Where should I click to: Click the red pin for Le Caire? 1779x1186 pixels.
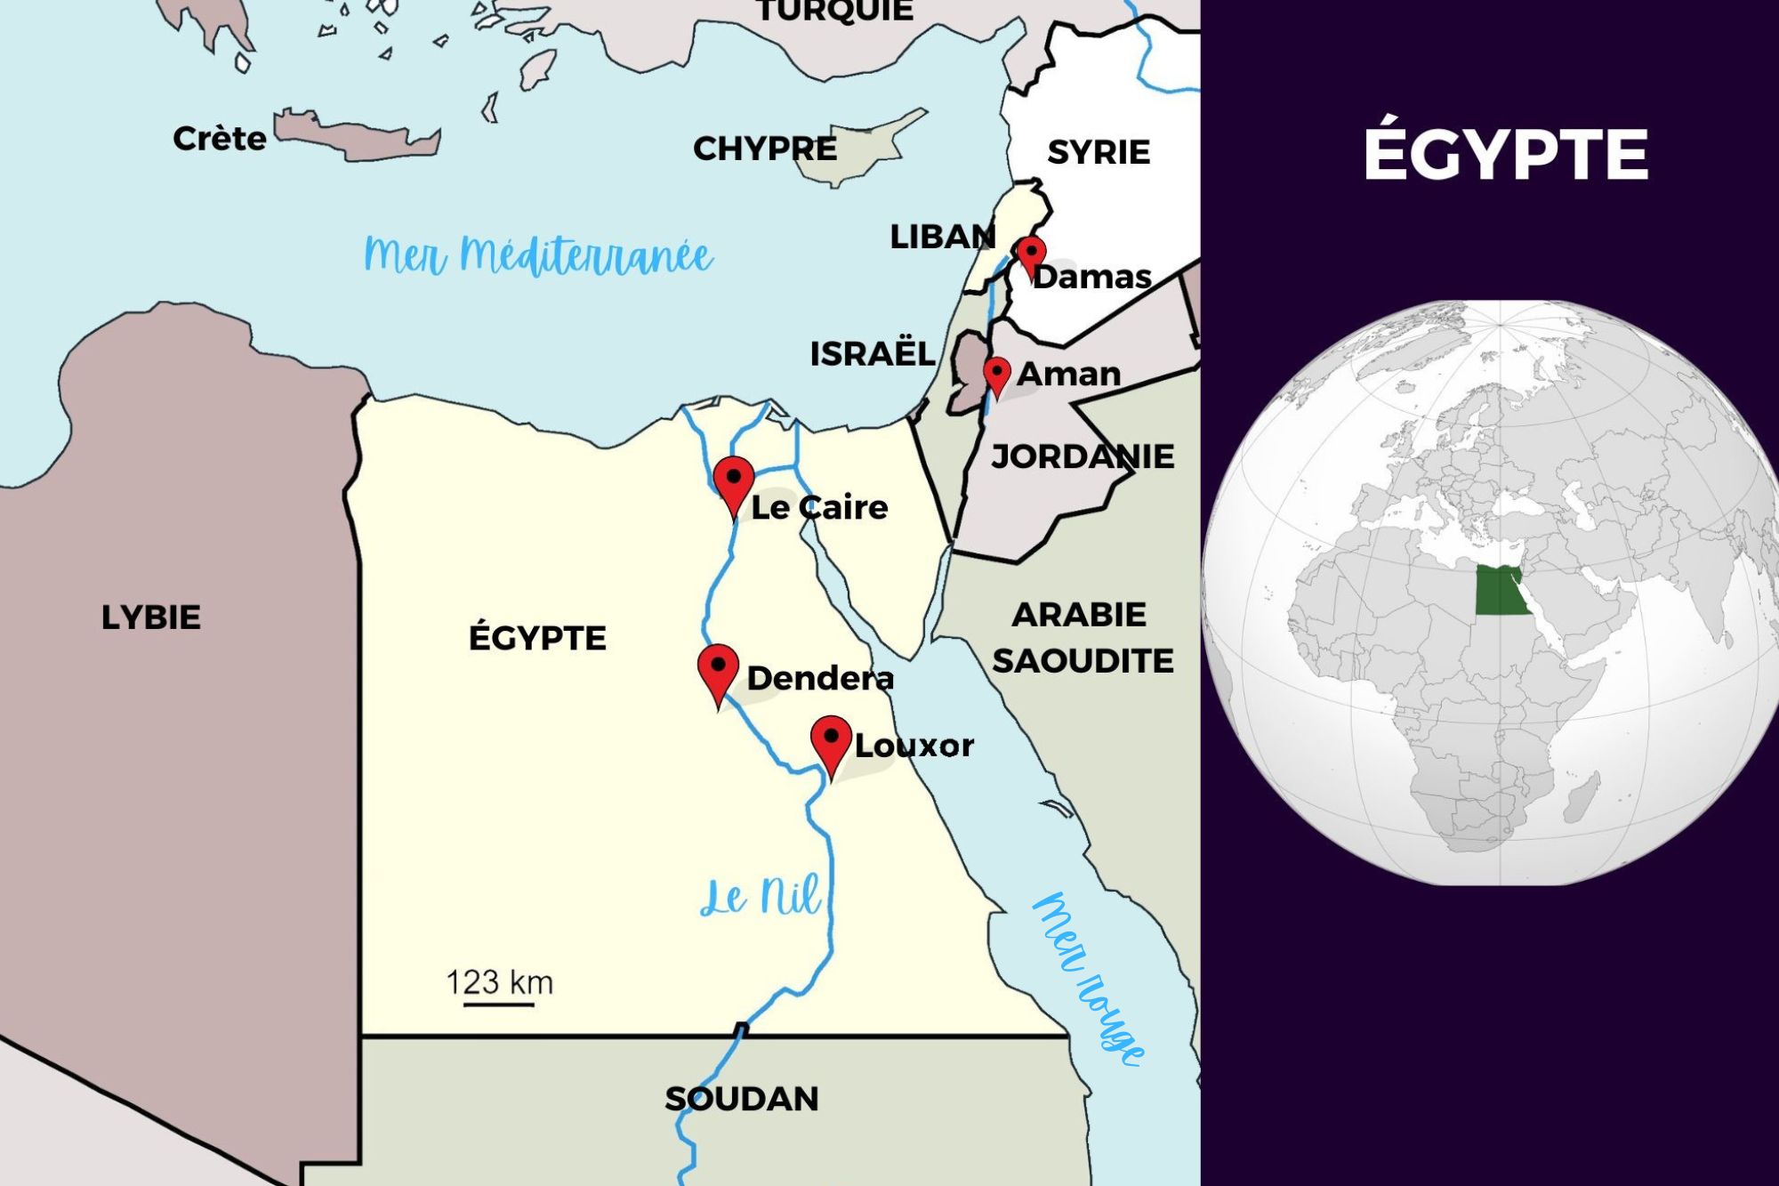734,481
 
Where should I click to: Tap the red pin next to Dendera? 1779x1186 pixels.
718,669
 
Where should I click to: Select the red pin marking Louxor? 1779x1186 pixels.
831,740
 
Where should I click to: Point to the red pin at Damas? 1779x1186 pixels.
1031,254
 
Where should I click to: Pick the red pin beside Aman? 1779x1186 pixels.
996,373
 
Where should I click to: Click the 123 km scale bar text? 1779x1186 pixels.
499,983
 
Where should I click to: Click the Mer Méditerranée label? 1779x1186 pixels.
538,256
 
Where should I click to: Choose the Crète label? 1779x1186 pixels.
220,139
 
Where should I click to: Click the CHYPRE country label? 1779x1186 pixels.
765,149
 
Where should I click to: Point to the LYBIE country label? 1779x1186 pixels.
151,617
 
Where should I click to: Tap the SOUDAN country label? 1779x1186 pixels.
742,1099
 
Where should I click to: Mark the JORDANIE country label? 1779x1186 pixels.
1083,456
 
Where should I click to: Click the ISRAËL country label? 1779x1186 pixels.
872,354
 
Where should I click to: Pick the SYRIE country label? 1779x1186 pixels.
1099,152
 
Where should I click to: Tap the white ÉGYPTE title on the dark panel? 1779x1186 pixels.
1506,154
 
